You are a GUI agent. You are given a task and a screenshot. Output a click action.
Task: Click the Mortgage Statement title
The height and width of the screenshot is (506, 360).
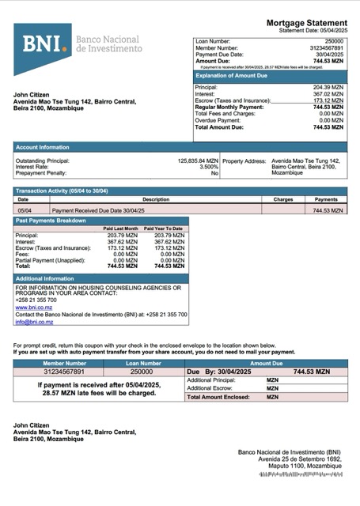(x=306, y=23)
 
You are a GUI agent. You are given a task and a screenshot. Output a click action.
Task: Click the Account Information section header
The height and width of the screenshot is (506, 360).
(x=43, y=147)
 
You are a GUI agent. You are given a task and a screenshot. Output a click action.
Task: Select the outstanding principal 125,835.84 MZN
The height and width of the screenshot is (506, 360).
(x=197, y=160)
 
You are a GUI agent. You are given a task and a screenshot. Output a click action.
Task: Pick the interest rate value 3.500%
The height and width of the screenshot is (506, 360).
(x=208, y=167)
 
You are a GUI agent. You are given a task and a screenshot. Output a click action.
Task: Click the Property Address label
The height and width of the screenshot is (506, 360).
(x=244, y=160)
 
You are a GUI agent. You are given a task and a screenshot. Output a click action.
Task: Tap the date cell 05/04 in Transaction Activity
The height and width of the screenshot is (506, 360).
(x=25, y=211)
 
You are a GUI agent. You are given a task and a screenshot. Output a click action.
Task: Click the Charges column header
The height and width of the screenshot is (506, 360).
(x=283, y=200)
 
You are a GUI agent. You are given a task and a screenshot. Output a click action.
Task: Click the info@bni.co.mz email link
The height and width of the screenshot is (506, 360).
(x=34, y=322)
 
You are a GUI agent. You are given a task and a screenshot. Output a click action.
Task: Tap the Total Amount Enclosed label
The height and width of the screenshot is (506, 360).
(x=215, y=397)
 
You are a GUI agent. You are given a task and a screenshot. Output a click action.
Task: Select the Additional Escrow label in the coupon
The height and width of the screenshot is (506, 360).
(x=210, y=388)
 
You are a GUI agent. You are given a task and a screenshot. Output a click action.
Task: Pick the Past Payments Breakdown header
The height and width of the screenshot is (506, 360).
(x=51, y=221)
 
